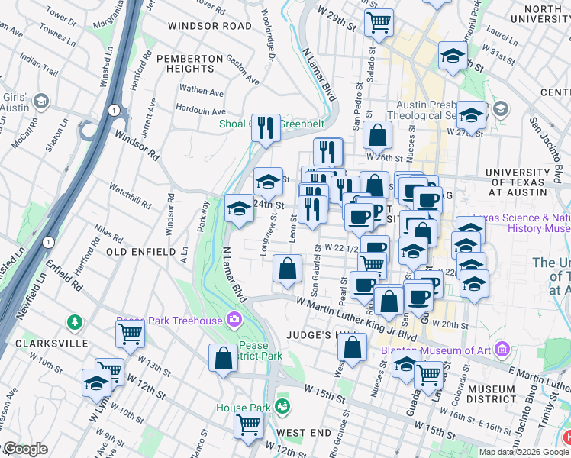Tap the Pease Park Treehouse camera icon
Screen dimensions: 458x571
pyautogui.click(x=234, y=319)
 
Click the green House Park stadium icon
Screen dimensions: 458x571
pyautogui.click(x=283, y=404)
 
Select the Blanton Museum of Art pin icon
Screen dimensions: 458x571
pyautogui.click(x=502, y=350)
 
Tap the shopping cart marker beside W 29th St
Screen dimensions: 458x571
pyautogui.click(x=379, y=22)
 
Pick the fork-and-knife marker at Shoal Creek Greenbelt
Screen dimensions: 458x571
pyautogui.click(x=266, y=127)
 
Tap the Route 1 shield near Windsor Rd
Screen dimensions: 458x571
pyautogui.click(x=114, y=111)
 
